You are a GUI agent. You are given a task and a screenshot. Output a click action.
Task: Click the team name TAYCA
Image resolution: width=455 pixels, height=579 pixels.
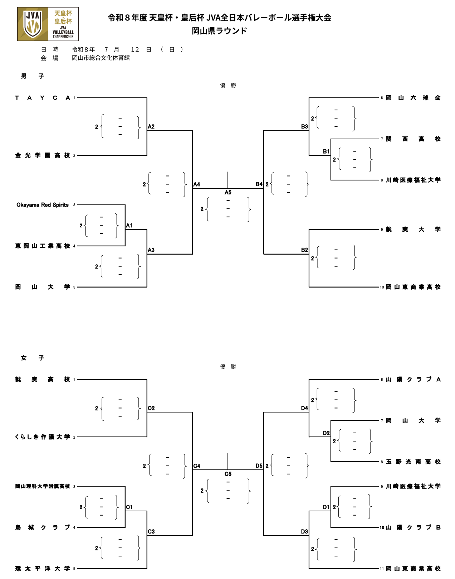[x=43, y=98]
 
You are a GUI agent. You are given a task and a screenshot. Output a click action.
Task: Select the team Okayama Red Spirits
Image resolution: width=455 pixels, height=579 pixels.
[x=43, y=205]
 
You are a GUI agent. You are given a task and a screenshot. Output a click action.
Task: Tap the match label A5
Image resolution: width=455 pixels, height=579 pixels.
[x=228, y=192]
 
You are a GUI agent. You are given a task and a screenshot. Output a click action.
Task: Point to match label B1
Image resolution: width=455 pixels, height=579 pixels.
[x=326, y=151]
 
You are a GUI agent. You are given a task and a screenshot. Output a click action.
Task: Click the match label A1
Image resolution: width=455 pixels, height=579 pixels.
[x=129, y=226]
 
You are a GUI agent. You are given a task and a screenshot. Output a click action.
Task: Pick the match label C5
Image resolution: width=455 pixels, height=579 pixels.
[x=228, y=474]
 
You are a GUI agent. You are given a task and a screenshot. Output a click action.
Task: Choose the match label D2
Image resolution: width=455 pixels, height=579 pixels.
[x=326, y=433]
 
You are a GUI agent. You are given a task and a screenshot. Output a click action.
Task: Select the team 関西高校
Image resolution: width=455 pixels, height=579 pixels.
[x=414, y=139]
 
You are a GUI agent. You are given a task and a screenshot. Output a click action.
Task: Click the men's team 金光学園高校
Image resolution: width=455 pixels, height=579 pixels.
[x=43, y=155]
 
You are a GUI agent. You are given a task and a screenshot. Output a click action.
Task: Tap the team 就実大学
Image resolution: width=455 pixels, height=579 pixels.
[x=414, y=229]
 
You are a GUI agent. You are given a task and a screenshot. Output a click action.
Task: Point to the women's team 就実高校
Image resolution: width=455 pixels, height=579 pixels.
[x=43, y=379]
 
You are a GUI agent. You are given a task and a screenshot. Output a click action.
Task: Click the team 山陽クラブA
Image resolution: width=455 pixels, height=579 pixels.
[x=414, y=379]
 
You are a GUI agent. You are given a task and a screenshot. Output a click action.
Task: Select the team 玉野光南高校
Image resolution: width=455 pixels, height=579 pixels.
[x=414, y=462]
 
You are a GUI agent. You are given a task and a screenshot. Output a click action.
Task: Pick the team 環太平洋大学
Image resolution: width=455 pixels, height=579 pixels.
[x=43, y=569]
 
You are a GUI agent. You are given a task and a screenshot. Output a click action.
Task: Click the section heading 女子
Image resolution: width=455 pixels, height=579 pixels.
[x=33, y=358]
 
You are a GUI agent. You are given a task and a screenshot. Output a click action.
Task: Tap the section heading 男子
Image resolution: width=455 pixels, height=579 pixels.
[x=33, y=76]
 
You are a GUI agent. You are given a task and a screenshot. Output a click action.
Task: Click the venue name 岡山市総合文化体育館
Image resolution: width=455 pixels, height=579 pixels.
[x=101, y=58]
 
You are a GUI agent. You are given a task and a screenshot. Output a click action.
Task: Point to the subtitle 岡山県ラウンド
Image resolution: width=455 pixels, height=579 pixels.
[x=219, y=31]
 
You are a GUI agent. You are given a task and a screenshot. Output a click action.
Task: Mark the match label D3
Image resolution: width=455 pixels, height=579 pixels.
[x=304, y=531]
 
